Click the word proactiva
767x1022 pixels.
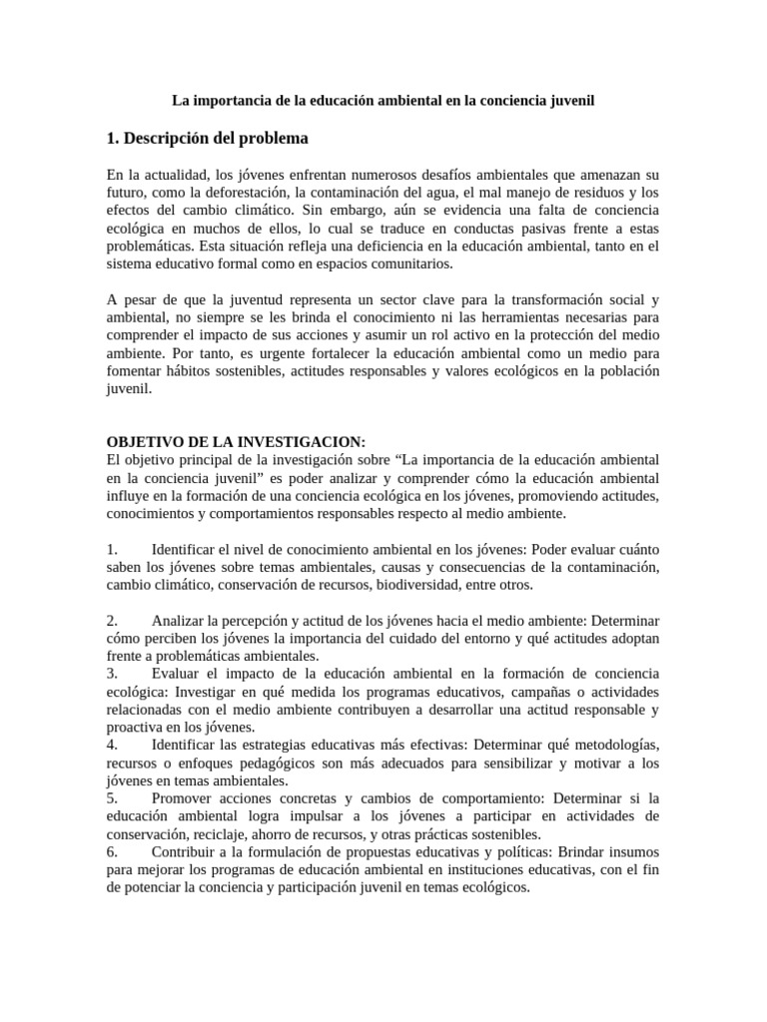[x=135, y=728]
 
